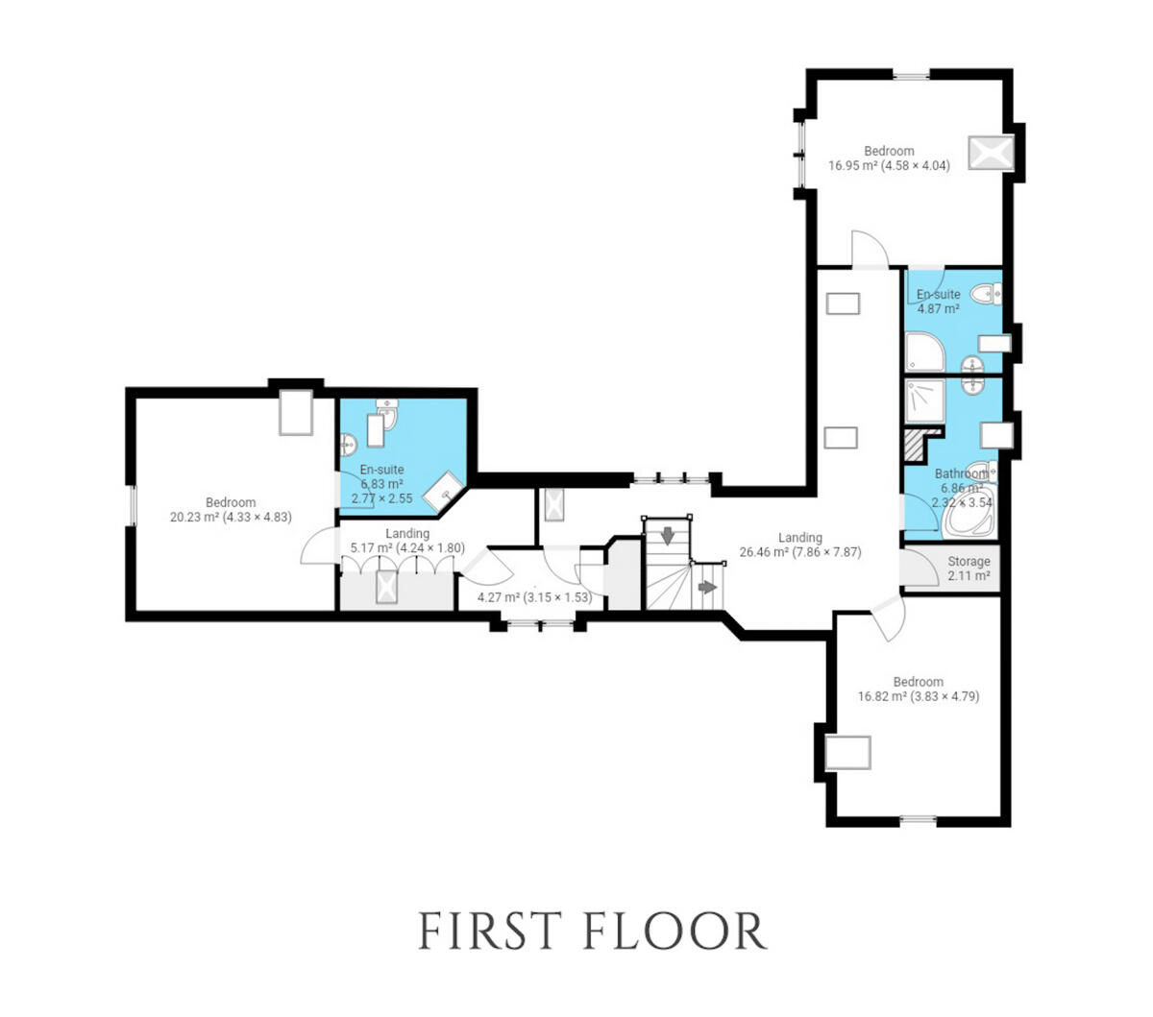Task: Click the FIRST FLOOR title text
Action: pyautogui.click(x=593, y=931)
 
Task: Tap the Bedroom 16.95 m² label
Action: pyautogui.click(x=889, y=158)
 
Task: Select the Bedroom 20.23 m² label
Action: pyautogui.click(x=231, y=510)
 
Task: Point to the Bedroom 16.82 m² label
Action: pyautogui.click(x=918, y=690)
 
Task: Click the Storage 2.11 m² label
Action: pyautogui.click(x=968, y=569)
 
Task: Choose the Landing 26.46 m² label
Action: pyautogui.click(x=799, y=545)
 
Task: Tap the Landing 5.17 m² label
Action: pyautogui.click(x=407, y=541)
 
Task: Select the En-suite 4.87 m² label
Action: pyautogui.click(x=938, y=302)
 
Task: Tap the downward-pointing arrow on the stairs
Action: pyautogui.click(x=668, y=536)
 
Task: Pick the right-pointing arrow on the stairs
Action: pyautogui.click(x=707, y=587)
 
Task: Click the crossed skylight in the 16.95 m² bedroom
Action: pyautogui.click(x=989, y=153)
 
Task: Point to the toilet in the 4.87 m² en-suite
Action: pyautogui.click(x=985, y=294)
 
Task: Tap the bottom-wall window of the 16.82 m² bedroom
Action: pyautogui.click(x=918, y=820)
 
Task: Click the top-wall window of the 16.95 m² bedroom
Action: pyautogui.click(x=911, y=75)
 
